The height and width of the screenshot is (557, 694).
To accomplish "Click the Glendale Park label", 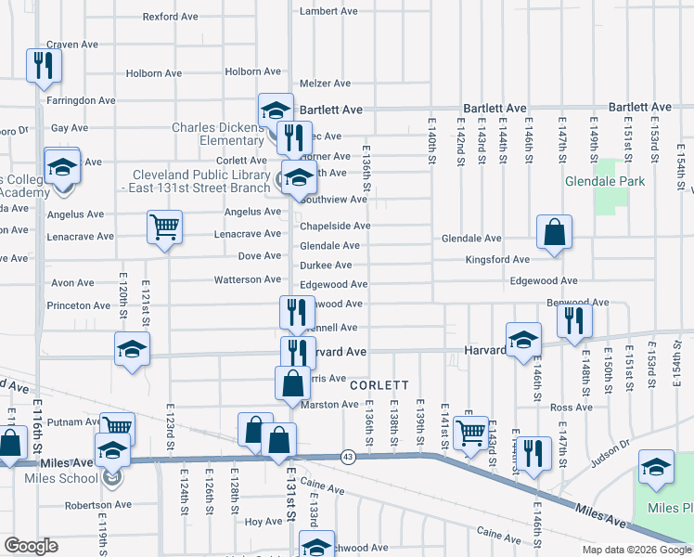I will click(605, 182).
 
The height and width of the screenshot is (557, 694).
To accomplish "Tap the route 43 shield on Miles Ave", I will click(348, 456).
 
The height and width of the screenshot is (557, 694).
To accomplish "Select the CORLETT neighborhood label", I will click(379, 384).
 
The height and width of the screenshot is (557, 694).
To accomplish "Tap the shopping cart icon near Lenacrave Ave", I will click(164, 227).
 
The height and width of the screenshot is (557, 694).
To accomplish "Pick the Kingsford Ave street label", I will click(497, 259).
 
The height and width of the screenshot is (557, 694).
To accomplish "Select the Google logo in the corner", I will click(32, 546).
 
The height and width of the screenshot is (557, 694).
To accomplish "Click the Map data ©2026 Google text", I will click(636, 550).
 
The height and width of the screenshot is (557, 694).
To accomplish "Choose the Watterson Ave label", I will click(248, 279).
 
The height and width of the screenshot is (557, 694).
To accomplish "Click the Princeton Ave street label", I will click(79, 305).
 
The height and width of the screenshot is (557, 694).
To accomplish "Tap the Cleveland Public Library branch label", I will click(199, 181).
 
